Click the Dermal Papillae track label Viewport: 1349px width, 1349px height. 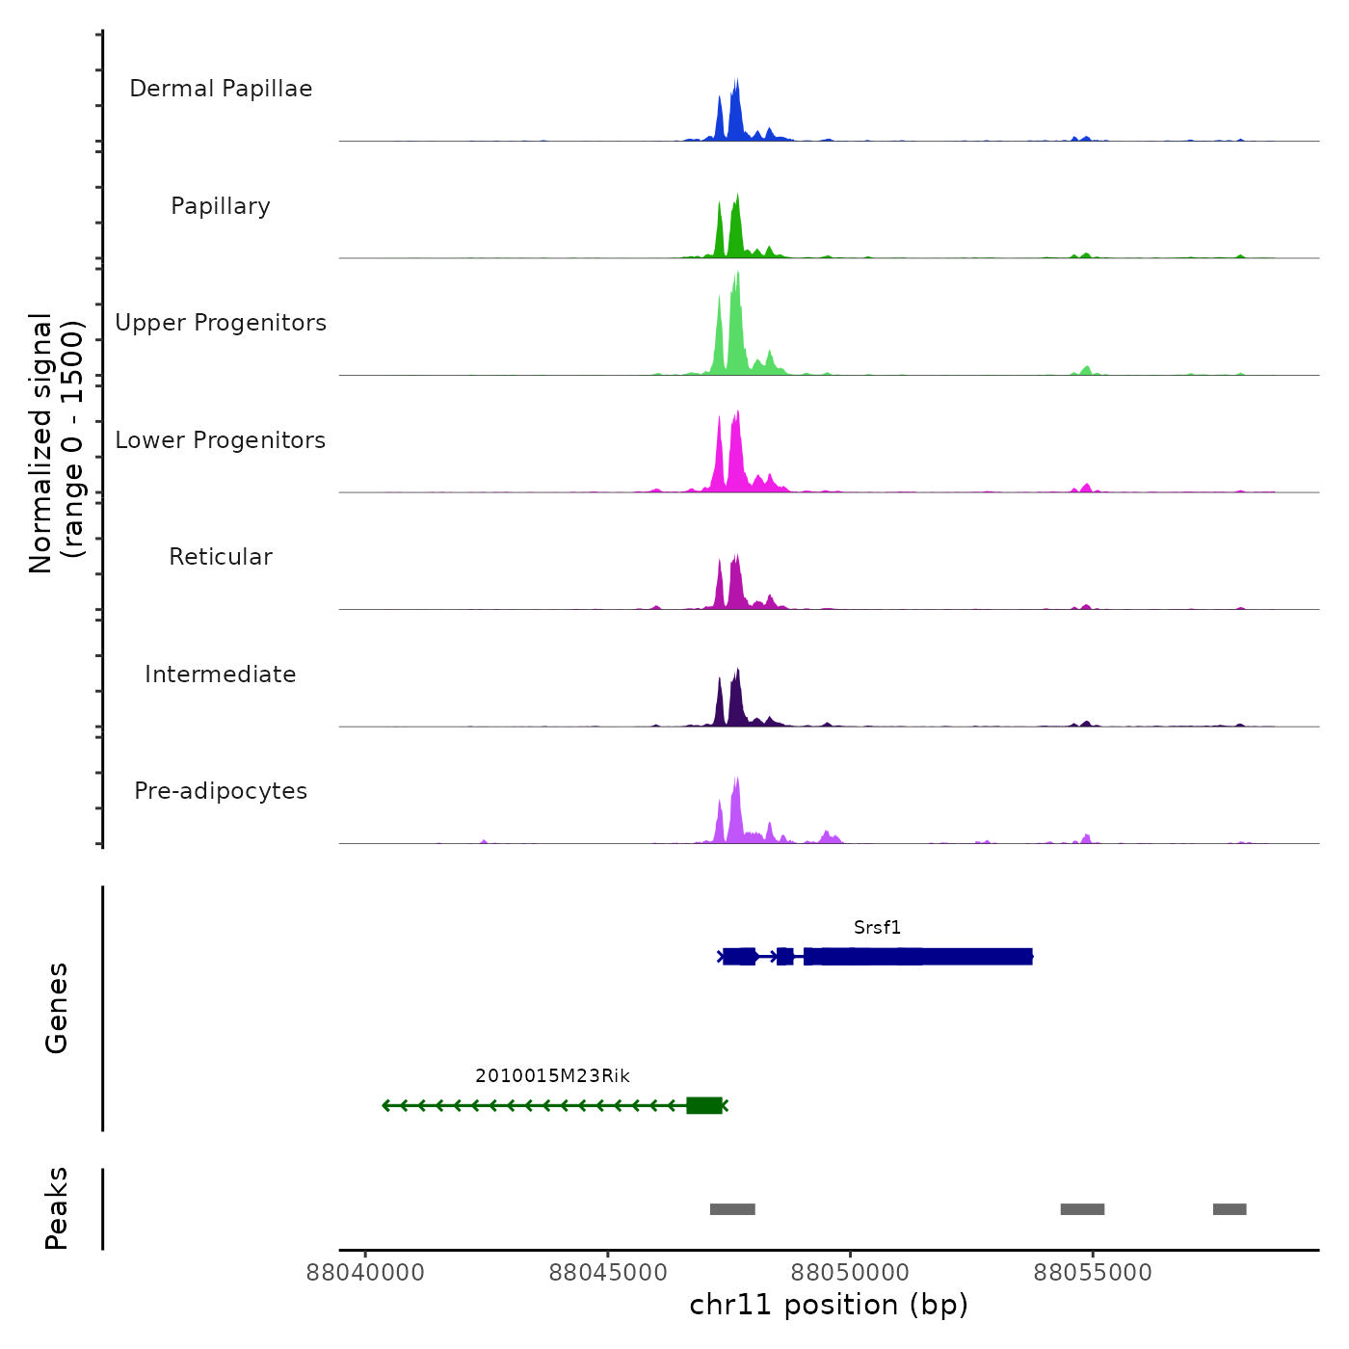(x=221, y=89)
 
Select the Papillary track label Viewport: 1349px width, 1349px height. (x=221, y=206)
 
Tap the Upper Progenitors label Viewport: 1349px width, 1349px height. (x=221, y=323)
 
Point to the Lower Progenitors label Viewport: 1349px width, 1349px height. (x=221, y=440)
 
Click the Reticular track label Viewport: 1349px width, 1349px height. (x=221, y=557)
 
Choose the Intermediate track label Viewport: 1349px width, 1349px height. (x=221, y=674)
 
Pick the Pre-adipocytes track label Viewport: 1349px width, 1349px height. (x=221, y=791)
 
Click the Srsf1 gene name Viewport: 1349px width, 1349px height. (x=877, y=928)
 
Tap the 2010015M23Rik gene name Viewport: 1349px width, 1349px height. (x=552, y=1076)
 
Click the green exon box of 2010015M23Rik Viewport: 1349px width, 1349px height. (x=704, y=1105)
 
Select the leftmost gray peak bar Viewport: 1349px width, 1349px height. (x=732, y=1209)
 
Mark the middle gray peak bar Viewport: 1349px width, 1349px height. (x=1082, y=1209)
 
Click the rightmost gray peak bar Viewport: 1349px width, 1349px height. (x=1230, y=1209)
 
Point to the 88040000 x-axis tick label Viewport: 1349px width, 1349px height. (x=365, y=1273)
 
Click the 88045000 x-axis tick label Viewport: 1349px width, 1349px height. (x=608, y=1273)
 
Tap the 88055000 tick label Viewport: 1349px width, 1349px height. (x=1093, y=1273)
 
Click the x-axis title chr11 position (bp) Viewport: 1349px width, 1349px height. (x=829, y=1305)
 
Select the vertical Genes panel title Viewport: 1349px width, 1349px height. (x=57, y=1008)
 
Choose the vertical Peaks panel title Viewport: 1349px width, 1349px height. (x=57, y=1208)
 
